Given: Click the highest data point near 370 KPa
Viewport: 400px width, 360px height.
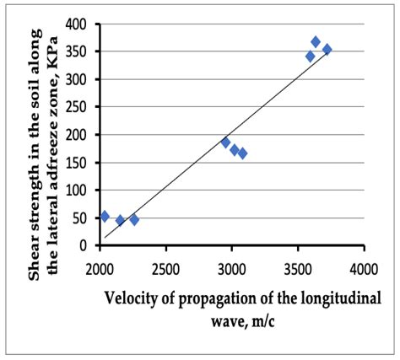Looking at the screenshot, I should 316,41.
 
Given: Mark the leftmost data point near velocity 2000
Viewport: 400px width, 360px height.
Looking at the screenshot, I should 104,217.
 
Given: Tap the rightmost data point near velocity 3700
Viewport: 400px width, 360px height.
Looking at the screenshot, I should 327,50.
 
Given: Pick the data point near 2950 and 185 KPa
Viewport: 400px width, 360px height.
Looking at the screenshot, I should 225,142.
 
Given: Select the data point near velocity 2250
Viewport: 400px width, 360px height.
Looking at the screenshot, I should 134,219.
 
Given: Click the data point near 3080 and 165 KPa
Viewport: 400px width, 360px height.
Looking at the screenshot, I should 242,153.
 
